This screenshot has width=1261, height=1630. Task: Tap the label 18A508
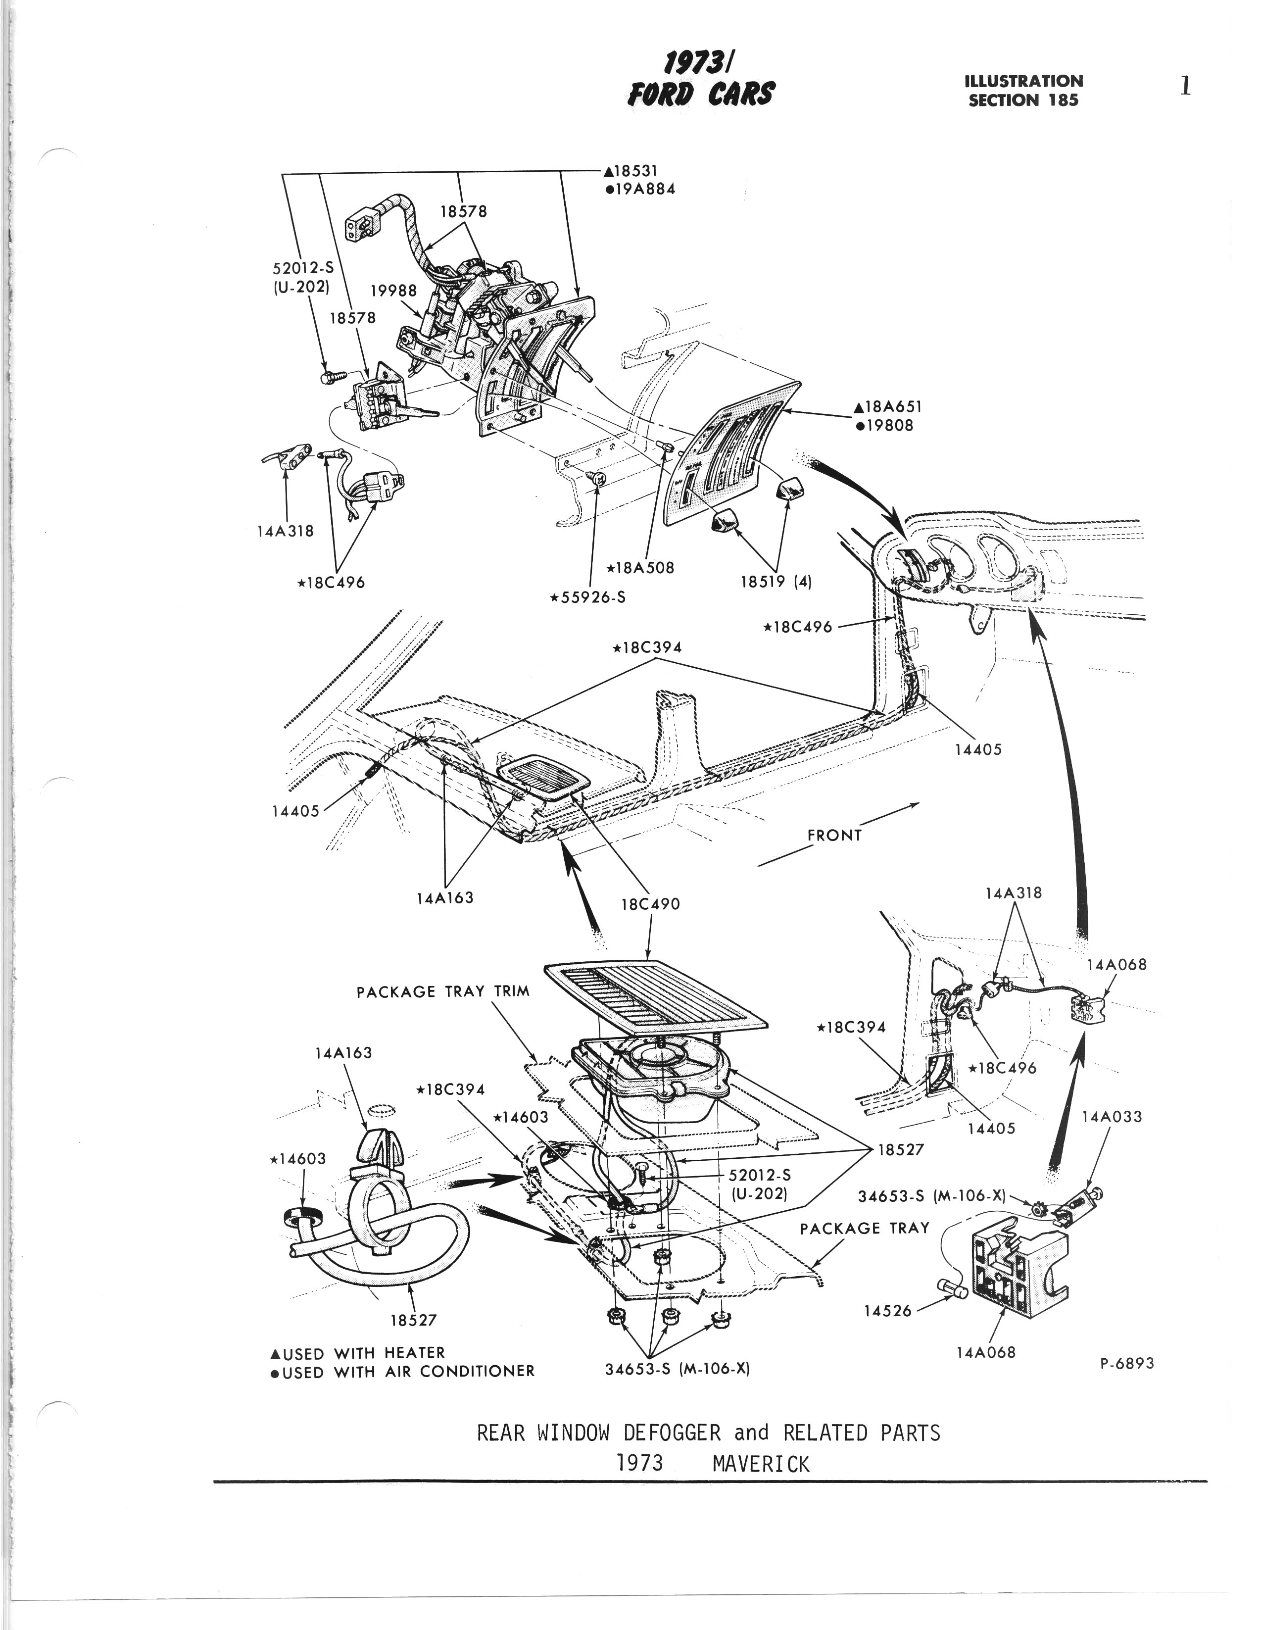point(641,567)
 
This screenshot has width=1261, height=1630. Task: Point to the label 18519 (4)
point(775,582)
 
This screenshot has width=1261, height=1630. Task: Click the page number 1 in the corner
point(1184,87)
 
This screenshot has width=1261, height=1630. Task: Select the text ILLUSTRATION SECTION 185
point(1023,90)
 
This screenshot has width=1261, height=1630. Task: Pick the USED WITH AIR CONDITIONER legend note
point(403,1371)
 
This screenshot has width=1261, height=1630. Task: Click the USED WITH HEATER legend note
point(358,1352)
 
